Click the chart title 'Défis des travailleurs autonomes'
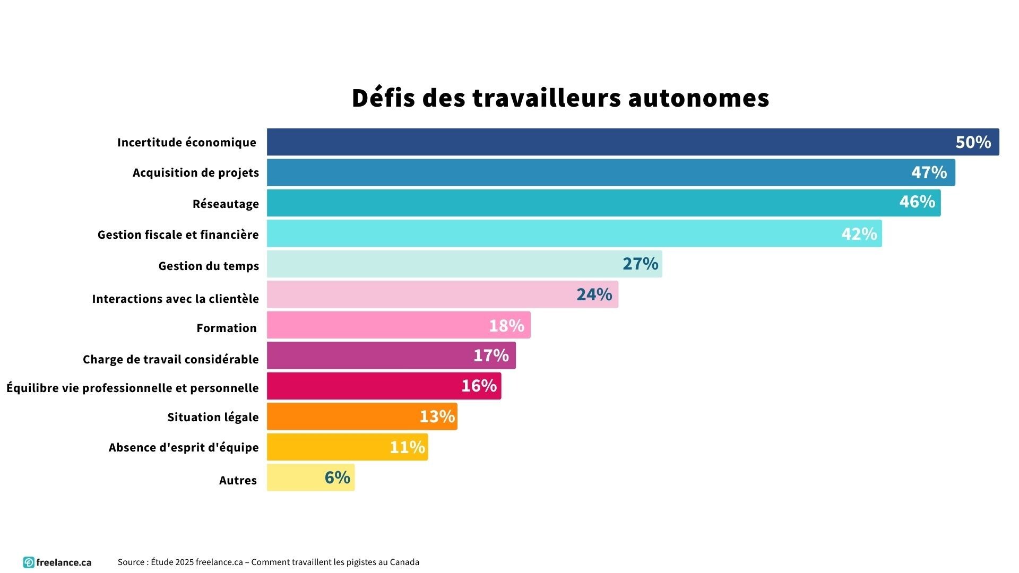(x=560, y=98)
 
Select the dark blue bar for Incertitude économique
(x=610, y=142)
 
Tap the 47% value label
(x=929, y=172)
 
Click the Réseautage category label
(x=226, y=204)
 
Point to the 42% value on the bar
(x=859, y=233)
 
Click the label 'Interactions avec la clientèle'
(x=175, y=299)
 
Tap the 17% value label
(x=491, y=355)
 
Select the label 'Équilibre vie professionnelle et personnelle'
(x=133, y=388)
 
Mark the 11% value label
(x=407, y=447)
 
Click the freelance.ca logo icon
(x=29, y=562)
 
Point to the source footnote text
(x=268, y=562)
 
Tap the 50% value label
(x=973, y=142)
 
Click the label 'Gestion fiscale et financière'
(x=178, y=235)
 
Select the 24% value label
(x=594, y=294)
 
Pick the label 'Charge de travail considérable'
(x=170, y=359)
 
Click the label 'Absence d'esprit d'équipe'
(x=184, y=447)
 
